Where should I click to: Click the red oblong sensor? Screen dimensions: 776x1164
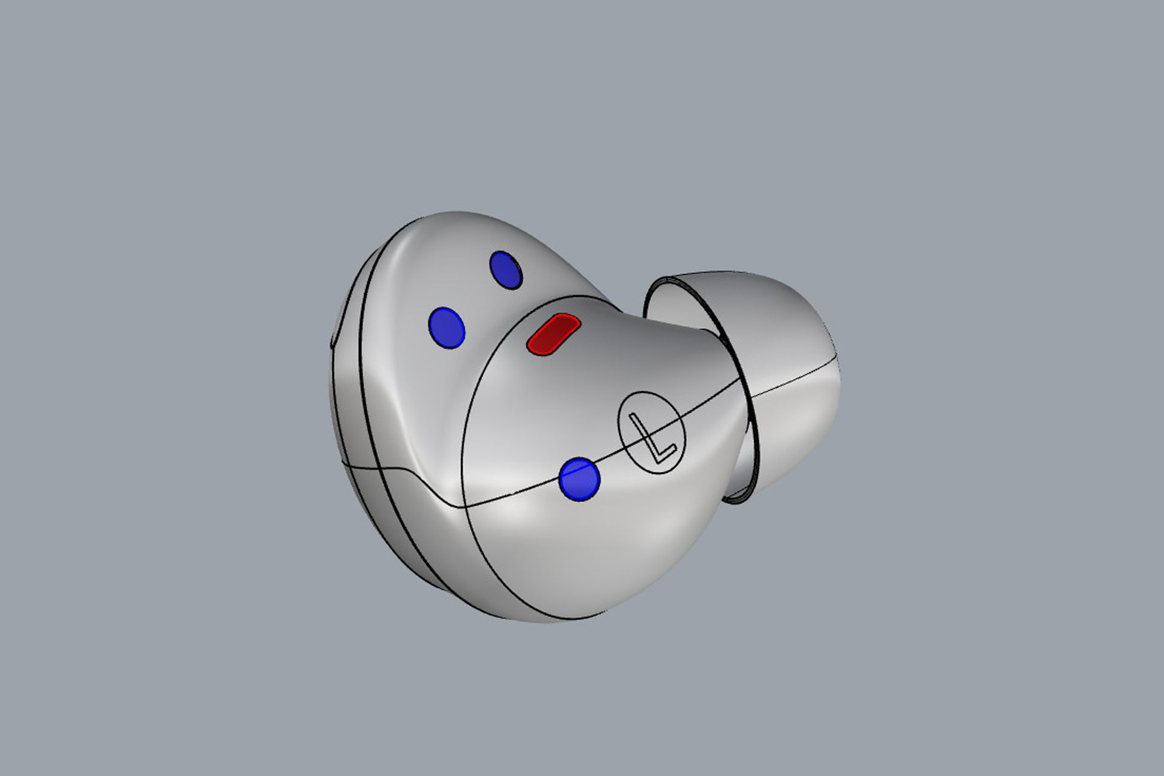point(552,333)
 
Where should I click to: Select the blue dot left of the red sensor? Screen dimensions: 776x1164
point(447,327)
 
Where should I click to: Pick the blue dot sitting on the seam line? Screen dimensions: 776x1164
point(580,478)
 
